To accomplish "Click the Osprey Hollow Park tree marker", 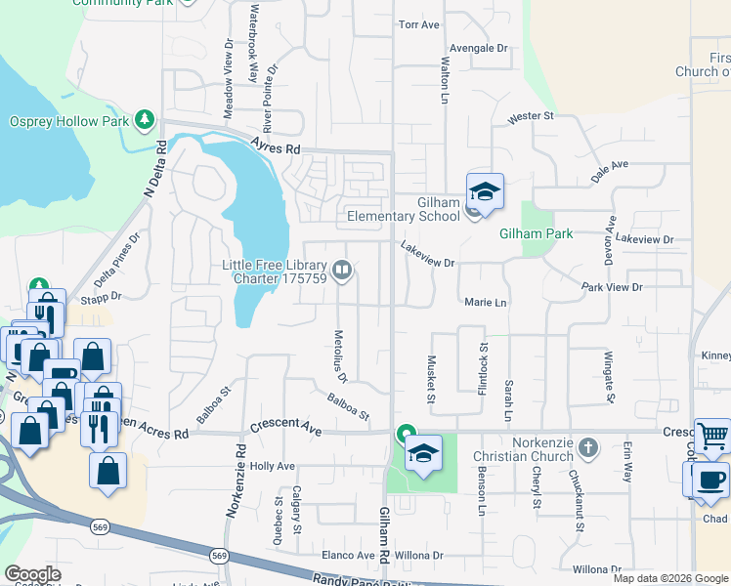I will tap(145, 120).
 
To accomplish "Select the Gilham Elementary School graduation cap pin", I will tap(485, 191).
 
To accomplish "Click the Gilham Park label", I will tap(536, 234).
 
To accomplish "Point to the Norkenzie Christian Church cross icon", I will tap(587, 448).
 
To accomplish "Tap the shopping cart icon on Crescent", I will tap(712, 437).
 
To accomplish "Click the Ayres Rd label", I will tap(275, 146).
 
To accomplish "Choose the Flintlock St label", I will tap(483, 368).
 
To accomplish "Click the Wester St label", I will tap(531, 116).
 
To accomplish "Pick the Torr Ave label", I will tap(419, 24).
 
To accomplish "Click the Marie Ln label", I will tap(486, 303).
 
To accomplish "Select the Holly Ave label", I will tap(273, 467).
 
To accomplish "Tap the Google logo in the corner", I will tap(32, 574).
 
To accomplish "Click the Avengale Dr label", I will tap(479, 47).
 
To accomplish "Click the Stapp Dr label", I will tap(101, 296).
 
